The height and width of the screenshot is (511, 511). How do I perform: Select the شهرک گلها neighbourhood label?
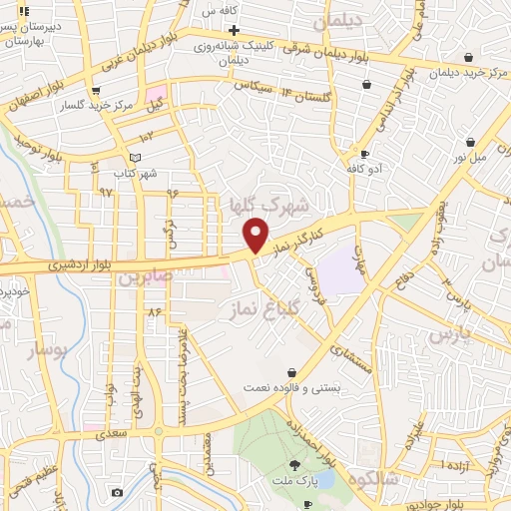(255, 204)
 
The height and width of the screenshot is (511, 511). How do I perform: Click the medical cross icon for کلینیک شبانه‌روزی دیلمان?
(233, 30)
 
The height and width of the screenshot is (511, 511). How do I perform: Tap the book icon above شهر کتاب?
(136, 158)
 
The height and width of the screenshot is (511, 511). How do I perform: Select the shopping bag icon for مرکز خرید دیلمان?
(368, 86)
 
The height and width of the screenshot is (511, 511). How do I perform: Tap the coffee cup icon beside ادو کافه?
(364, 155)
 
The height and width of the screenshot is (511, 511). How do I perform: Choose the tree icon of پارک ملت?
(293, 465)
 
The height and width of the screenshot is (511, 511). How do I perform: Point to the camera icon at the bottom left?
(118, 493)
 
